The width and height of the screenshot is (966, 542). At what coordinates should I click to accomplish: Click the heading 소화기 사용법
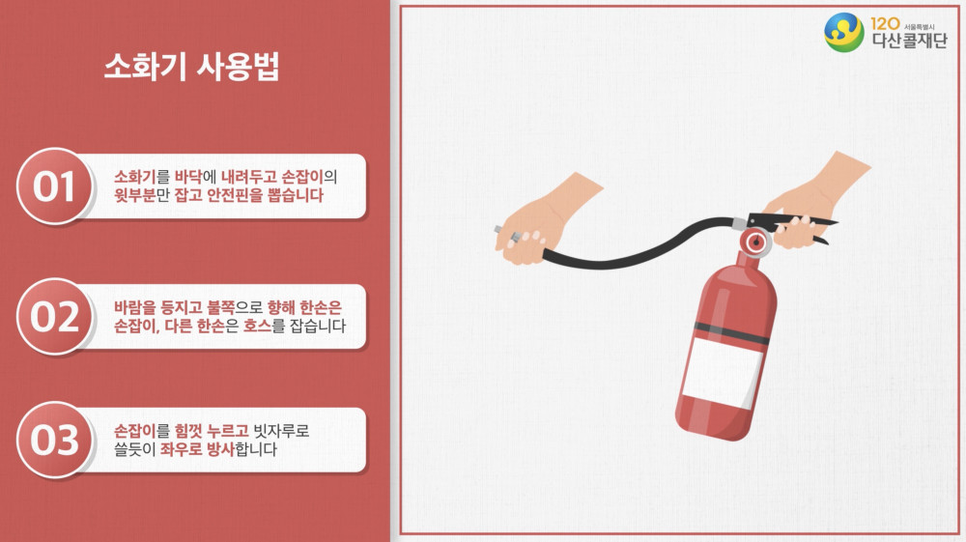coord(191,67)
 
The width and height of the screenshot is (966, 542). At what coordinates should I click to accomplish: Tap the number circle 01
coord(54,186)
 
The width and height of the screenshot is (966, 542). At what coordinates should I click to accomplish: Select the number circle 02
coord(54,317)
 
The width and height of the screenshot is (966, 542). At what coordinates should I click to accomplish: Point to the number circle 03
coord(54,440)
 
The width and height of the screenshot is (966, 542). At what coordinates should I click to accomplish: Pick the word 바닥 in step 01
coord(188,178)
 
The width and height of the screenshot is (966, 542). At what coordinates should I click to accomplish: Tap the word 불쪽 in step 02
coord(220,307)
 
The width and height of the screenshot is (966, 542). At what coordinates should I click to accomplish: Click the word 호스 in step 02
coord(258,326)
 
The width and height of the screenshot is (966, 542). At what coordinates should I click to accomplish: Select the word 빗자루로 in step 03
coord(281,431)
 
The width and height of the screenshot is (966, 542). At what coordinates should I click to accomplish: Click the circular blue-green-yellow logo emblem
coord(844,32)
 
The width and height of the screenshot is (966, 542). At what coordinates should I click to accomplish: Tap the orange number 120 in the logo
coord(885,24)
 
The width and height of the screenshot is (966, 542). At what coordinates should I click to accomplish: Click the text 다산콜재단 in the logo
coord(909,41)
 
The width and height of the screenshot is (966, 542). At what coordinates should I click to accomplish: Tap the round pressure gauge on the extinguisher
coord(756,242)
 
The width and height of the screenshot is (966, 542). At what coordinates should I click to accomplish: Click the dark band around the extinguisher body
coord(731,332)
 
